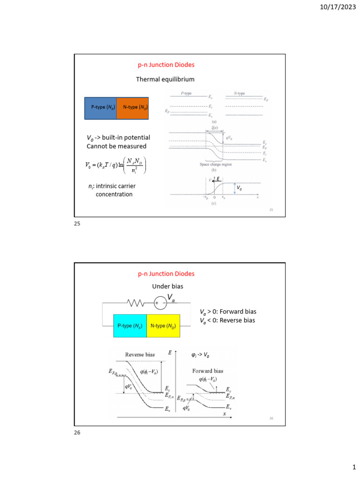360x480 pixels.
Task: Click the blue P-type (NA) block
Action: pyautogui.click(x=100, y=107)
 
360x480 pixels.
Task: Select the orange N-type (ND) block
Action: pyautogui.click(x=132, y=107)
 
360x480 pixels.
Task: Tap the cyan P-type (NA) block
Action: pyautogui.click(x=130, y=326)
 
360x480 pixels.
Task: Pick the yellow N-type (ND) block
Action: pyautogui.click(x=163, y=326)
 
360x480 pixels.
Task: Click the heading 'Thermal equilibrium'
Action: pyautogui.click(x=165, y=79)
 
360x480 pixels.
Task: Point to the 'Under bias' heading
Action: pyautogui.click(x=167, y=286)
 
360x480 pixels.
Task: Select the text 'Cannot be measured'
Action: pyautogui.click(x=117, y=146)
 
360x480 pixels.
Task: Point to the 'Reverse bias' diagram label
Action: pyautogui.click(x=139, y=355)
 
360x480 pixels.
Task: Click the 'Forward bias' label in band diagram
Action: pyautogui.click(x=208, y=371)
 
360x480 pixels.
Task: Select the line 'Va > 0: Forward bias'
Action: pyautogui.click(x=228, y=311)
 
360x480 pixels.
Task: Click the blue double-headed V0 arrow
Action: pyautogui.click(x=235, y=188)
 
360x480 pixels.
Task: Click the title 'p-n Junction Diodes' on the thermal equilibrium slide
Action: pyautogui.click(x=166, y=65)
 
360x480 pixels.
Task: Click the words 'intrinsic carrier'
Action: pyautogui.click(x=112, y=186)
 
